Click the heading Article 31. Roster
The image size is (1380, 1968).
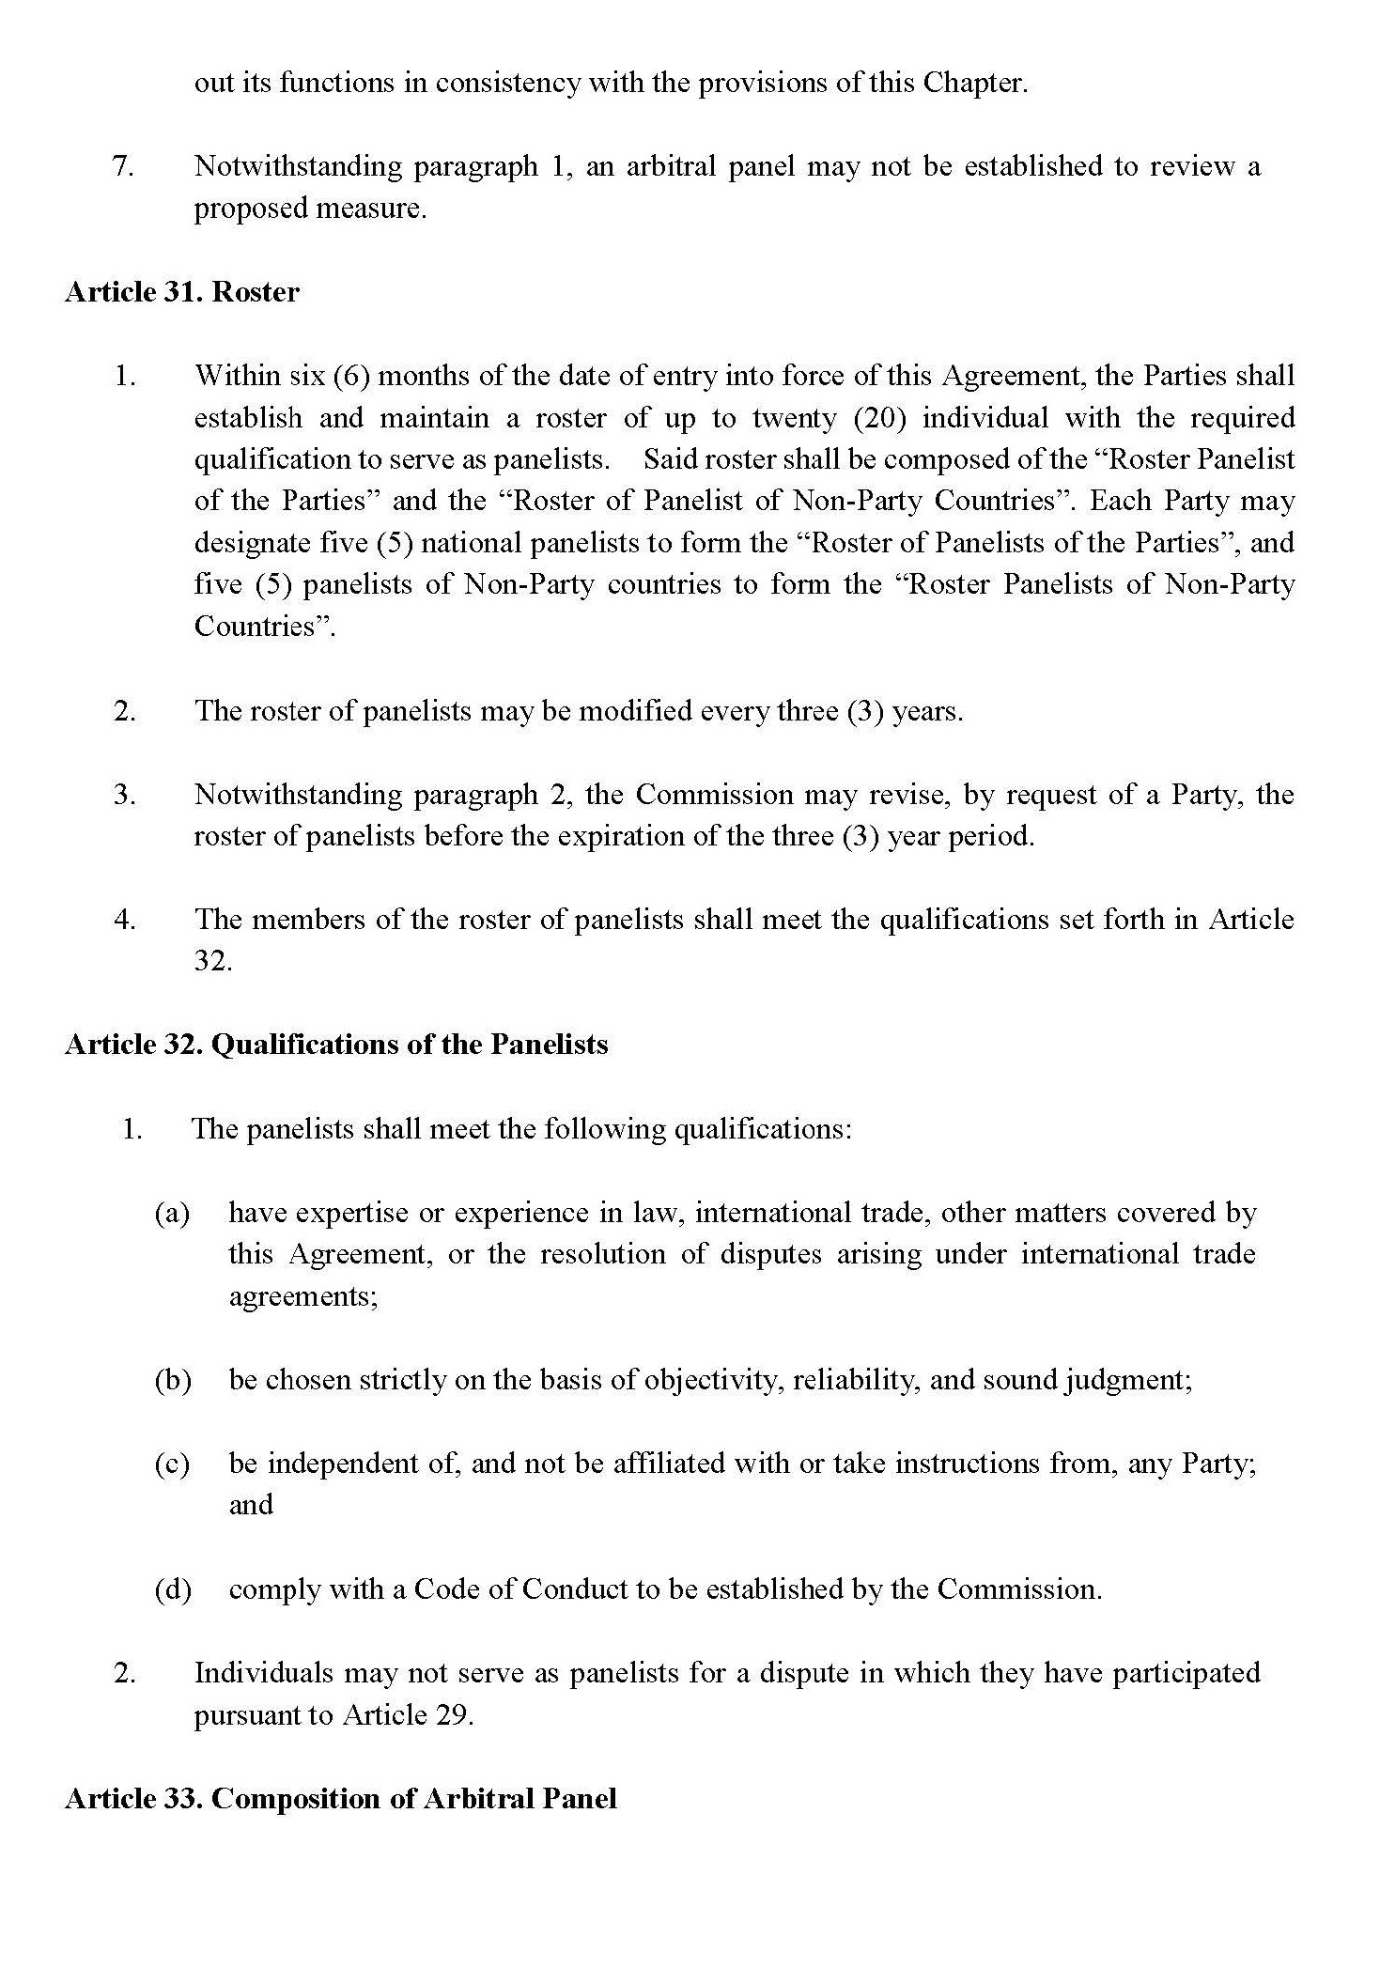coord(181,292)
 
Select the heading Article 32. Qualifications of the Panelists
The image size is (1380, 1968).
coord(336,1045)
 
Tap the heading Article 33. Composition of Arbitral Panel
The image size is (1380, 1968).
coord(340,1798)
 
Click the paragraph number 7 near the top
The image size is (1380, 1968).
coord(123,166)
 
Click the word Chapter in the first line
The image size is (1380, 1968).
coord(973,83)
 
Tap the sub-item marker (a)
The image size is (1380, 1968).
coord(172,1213)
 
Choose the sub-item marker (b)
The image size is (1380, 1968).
coord(172,1380)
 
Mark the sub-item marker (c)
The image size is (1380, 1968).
coord(172,1464)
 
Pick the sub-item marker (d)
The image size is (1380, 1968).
coord(172,1589)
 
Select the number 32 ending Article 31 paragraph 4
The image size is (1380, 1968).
coord(212,961)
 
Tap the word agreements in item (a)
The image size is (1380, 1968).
coord(302,1296)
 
